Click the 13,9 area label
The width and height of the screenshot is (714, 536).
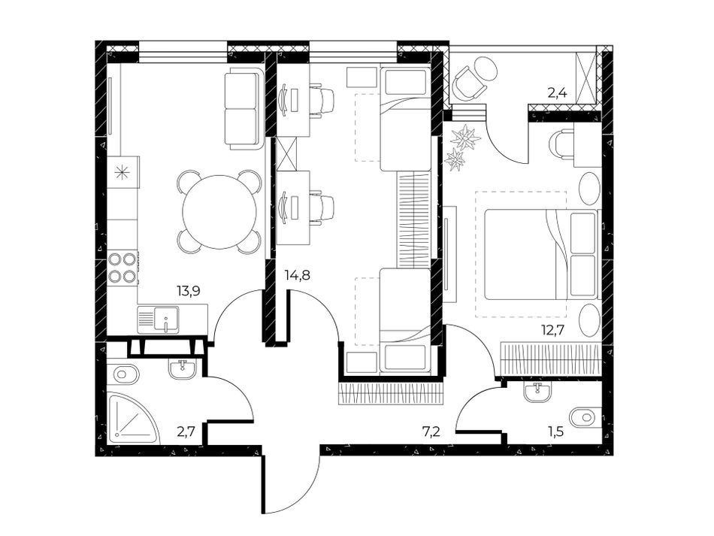pos(189,290)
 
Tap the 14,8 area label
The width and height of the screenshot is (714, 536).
pos(298,275)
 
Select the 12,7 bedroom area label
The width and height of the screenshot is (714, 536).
pos(552,329)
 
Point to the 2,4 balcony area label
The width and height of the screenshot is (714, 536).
pos(557,94)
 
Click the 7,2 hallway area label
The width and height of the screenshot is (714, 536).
pos(431,432)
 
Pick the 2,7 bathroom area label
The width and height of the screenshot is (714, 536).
pos(186,432)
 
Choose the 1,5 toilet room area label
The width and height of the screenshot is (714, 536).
pos(555,432)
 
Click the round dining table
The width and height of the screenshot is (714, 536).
pos(220,212)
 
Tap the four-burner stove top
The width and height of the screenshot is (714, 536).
pos(123,268)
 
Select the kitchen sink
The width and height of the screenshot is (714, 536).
pos(158,319)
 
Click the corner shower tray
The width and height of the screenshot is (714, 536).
pos(134,418)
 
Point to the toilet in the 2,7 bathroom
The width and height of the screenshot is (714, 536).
pos(123,375)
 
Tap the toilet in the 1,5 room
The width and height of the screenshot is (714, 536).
pos(585,417)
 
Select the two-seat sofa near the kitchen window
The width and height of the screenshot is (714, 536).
pos(244,108)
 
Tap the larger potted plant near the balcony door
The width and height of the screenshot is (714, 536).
pos(465,136)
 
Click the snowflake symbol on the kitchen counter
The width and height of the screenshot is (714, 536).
pos(122,173)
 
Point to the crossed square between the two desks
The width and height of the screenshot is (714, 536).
pos(287,153)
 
